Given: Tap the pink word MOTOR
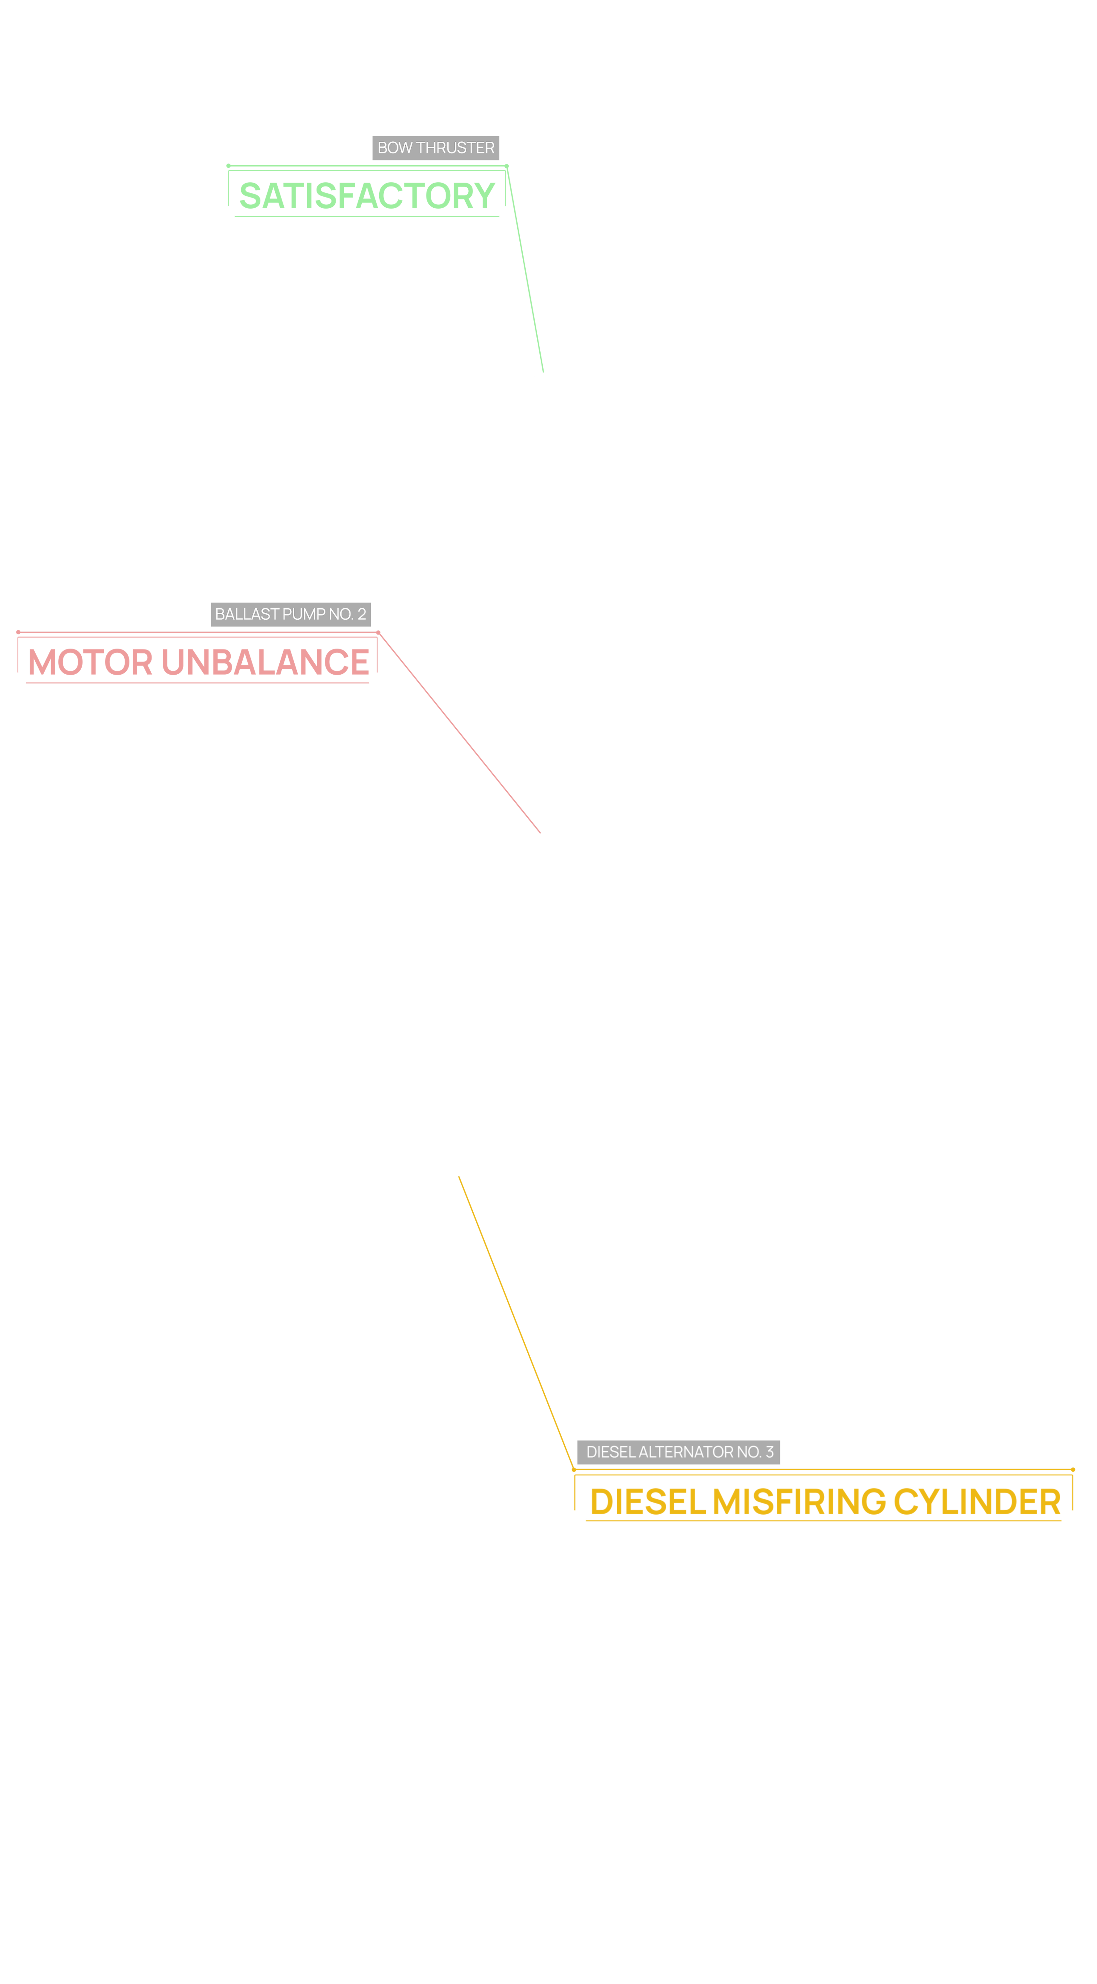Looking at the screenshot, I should [x=89, y=662].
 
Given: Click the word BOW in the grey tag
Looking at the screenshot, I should [x=395, y=148].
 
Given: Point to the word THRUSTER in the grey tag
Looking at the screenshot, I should [x=455, y=148].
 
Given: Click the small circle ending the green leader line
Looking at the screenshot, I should [x=544, y=372].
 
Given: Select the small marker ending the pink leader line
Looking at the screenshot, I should [x=541, y=832].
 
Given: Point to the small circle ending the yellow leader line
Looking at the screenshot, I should [x=460, y=1176].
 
